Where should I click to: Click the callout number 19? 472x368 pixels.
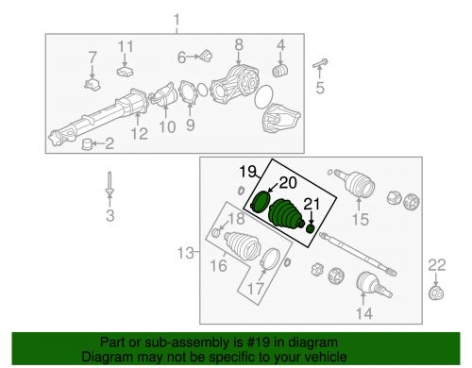(248, 172)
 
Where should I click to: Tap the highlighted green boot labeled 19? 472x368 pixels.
(286, 213)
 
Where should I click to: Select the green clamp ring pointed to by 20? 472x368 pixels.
(261, 202)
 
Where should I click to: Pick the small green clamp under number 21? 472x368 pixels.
(311, 228)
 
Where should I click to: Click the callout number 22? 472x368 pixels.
(437, 265)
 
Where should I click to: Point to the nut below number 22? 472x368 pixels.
(436, 293)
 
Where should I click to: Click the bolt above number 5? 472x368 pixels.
(320, 64)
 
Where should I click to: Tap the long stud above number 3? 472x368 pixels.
(110, 183)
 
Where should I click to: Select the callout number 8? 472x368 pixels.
(239, 45)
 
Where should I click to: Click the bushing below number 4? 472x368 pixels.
(279, 71)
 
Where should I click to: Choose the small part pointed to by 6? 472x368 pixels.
(206, 56)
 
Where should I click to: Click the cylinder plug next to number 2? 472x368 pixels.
(86, 144)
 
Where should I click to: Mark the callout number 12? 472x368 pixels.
(140, 134)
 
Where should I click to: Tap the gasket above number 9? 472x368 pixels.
(189, 92)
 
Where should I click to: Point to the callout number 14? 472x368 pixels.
(364, 313)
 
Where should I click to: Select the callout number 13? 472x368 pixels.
(186, 253)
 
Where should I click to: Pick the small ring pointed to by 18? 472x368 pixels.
(215, 233)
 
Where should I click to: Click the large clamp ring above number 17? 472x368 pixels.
(270, 259)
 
